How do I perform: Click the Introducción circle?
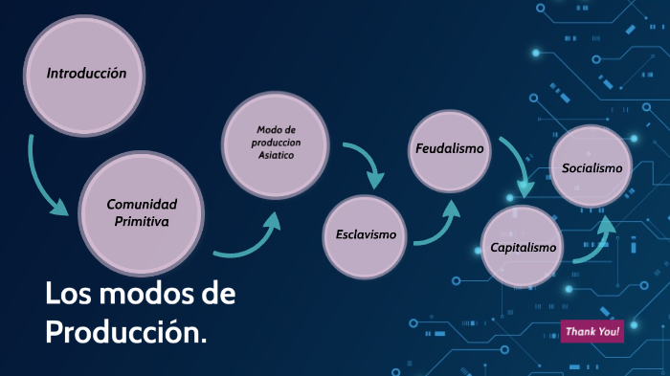(86, 73)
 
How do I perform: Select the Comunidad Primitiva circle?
(142, 212)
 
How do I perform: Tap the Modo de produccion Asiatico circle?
(279, 144)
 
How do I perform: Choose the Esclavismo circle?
(366, 234)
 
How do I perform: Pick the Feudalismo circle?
(449, 150)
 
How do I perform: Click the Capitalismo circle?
(523, 248)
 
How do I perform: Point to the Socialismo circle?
(592, 168)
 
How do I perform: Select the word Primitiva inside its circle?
(142, 221)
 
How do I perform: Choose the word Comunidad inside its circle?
(142, 204)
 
